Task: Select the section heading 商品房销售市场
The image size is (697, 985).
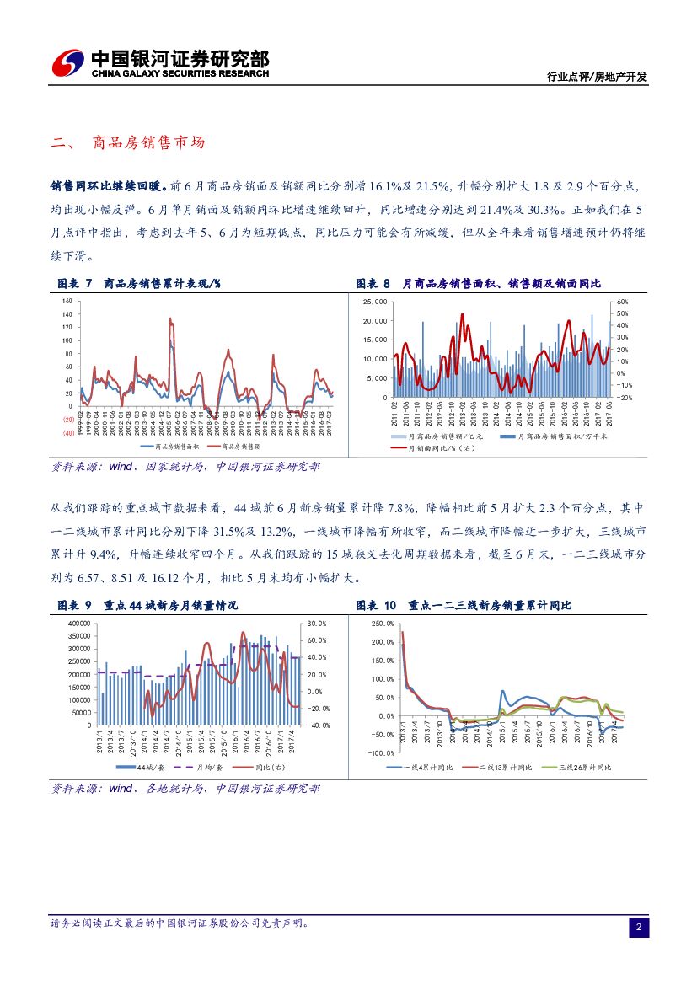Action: tap(148, 143)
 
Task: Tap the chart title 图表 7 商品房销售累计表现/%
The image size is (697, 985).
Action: tap(139, 284)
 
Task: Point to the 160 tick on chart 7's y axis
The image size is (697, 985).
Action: tap(67, 301)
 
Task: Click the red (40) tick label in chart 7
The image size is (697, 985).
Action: tap(67, 433)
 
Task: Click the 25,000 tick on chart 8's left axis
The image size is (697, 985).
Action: tap(374, 302)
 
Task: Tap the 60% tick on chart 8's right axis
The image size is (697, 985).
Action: tap(622, 302)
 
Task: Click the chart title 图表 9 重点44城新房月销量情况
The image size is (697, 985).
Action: tap(147, 605)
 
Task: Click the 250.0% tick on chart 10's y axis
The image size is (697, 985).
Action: tap(382, 624)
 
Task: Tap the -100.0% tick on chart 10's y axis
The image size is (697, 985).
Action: tap(381, 753)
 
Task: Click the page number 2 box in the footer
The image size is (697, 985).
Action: tap(639, 928)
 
